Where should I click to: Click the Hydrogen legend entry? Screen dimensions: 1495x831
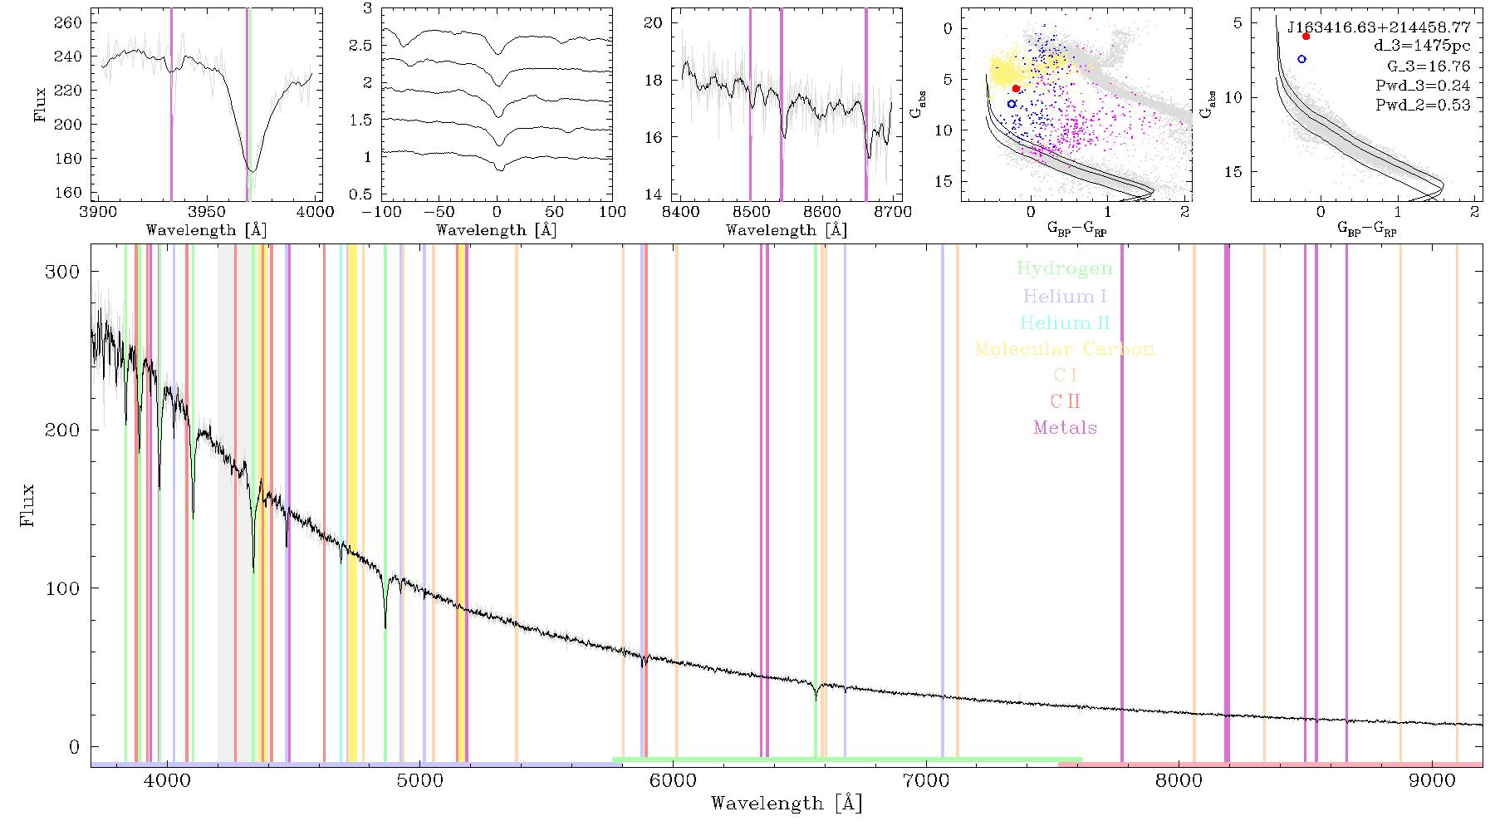[x=1065, y=268]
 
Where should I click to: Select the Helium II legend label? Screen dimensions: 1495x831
[x=1065, y=322]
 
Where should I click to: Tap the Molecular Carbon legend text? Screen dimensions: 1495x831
[x=1065, y=349]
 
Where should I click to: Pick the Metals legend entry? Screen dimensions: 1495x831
[x=1066, y=428]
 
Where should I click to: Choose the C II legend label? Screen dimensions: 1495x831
[x=1066, y=401]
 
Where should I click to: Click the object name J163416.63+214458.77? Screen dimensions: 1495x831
[x=1379, y=27]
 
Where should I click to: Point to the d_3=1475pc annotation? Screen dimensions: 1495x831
[x=1422, y=47]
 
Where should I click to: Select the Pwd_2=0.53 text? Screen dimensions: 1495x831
[x=1423, y=106]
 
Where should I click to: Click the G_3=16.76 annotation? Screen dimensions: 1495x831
[x=1429, y=66]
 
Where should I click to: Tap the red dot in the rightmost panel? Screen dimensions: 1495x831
[x=1306, y=37]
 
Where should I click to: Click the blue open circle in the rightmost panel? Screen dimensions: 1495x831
[x=1301, y=59]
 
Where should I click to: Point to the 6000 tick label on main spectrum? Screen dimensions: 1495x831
[x=673, y=781]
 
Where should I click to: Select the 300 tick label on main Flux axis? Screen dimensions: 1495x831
[x=62, y=272]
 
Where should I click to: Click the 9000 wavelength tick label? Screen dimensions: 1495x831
[x=1432, y=781]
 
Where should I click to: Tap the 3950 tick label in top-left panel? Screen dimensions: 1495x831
[x=207, y=212]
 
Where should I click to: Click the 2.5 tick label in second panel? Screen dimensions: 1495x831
[x=360, y=46]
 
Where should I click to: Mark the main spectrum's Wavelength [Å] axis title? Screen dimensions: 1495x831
[x=787, y=804]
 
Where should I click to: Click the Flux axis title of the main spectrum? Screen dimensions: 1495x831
[x=28, y=504]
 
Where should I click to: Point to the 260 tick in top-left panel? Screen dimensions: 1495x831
[x=68, y=22]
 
